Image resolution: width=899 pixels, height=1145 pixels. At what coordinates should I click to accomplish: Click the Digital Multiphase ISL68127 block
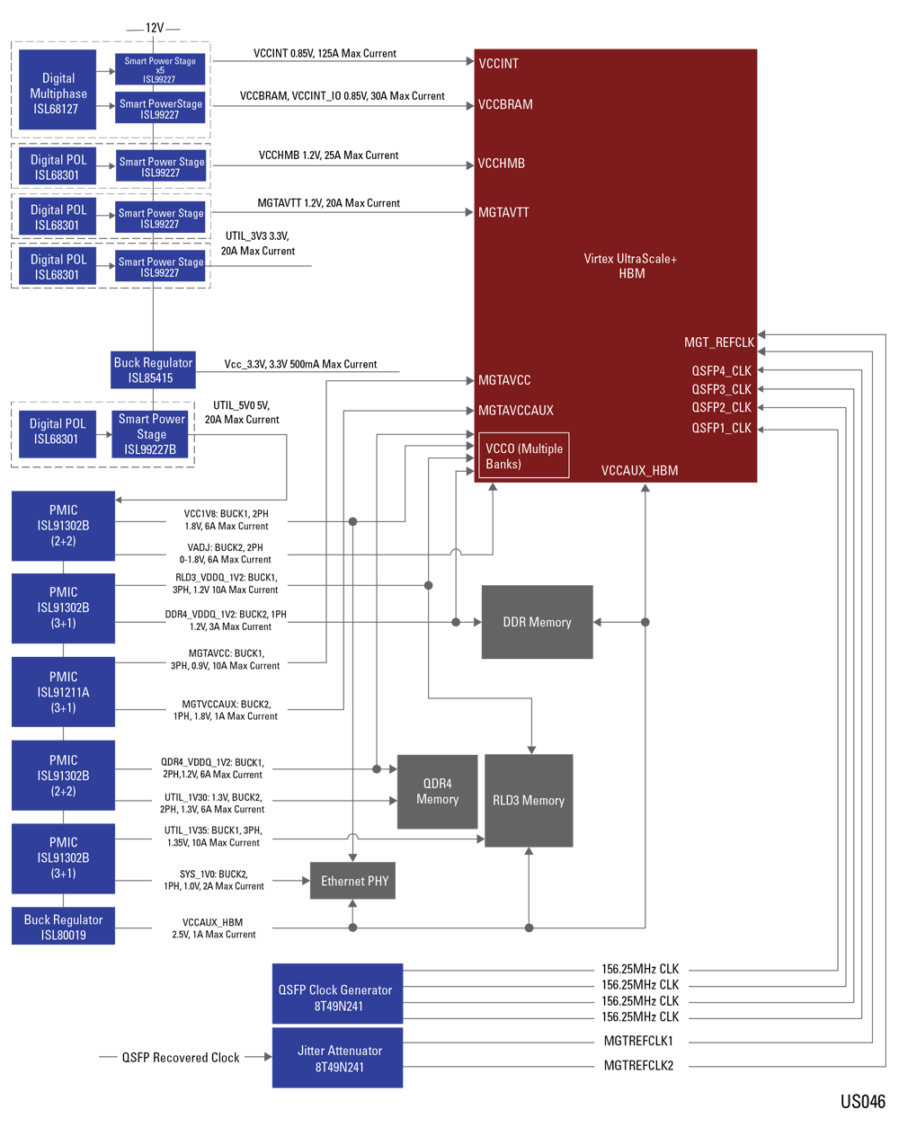[x=58, y=93]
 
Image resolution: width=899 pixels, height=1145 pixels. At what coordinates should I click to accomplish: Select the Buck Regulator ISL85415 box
[x=153, y=370]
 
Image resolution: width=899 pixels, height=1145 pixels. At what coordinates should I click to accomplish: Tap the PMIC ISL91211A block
[x=63, y=692]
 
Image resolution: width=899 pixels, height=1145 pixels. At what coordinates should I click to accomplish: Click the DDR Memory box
[x=537, y=622]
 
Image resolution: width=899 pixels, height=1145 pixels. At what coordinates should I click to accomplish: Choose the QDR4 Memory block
[x=437, y=792]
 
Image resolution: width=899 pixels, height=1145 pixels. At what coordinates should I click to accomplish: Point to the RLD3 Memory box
[x=529, y=800]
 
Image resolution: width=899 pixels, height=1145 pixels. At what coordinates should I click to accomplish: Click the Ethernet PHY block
[x=354, y=881]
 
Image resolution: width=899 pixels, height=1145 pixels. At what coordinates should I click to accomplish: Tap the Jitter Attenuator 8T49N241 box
[x=337, y=1058]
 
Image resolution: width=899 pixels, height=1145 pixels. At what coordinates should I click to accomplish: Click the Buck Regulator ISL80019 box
[x=63, y=927]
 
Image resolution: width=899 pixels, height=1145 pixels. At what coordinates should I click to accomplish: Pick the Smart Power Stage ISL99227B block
[x=151, y=434]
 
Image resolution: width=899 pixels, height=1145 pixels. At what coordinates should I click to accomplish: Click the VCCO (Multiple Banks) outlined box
[x=523, y=457]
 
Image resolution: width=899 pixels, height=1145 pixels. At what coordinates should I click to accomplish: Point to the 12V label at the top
[x=155, y=28]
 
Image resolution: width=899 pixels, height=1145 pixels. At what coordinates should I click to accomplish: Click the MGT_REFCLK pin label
[x=718, y=342]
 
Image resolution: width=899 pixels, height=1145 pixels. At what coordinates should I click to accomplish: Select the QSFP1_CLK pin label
[x=721, y=428]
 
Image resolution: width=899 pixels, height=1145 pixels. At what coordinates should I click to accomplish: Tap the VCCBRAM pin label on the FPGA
[x=505, y=104]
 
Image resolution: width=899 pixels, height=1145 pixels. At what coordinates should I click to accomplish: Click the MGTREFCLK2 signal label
[x=638, y=1066]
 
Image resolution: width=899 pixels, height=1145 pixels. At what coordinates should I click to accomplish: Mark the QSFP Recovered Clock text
[x=181, y=1058]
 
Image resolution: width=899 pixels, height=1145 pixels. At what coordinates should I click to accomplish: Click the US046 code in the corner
[x=862, y=1102]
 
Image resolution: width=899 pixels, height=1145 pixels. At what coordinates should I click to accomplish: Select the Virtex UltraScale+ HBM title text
[x=630, y=266]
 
